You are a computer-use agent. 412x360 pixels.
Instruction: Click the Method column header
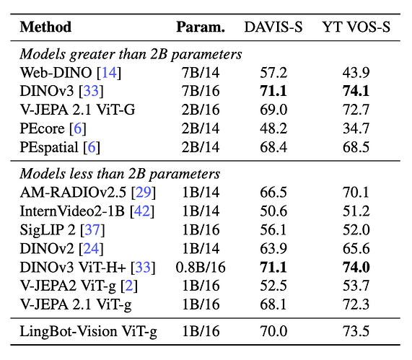pos(45,27)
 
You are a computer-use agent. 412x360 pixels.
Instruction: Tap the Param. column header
pos(201,27)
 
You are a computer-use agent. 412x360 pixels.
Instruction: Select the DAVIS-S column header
pos(273,27)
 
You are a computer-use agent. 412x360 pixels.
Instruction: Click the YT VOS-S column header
pos(356,27)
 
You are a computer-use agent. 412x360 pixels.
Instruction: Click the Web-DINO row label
pos(71,73)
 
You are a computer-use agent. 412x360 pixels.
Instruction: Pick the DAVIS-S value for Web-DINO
pos(273,73)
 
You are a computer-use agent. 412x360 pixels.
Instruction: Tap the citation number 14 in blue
pos(109,73)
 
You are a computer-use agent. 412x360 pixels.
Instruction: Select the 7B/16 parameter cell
pos(201,91)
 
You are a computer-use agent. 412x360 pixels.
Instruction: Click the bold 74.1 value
pos(356,91)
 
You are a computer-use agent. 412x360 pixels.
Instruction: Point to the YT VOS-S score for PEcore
pos(356,128)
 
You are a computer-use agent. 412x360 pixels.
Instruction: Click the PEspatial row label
pos(60,147)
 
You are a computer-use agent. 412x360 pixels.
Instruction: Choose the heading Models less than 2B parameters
pos(120,174)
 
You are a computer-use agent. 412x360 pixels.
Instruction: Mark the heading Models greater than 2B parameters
pos(131,54)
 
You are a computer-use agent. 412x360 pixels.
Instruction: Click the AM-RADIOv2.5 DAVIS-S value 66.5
pos(273,192)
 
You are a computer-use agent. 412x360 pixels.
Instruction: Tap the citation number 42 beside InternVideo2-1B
pos(142,211)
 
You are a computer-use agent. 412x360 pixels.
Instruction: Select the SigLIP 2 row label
pos(62,230)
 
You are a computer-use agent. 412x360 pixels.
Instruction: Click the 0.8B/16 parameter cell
pos(201,267)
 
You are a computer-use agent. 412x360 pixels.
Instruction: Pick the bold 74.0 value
pos(356,267)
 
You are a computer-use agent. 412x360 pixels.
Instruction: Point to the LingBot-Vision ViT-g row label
pos(88,331)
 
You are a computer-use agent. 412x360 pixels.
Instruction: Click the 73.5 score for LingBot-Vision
pos(356,331)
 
